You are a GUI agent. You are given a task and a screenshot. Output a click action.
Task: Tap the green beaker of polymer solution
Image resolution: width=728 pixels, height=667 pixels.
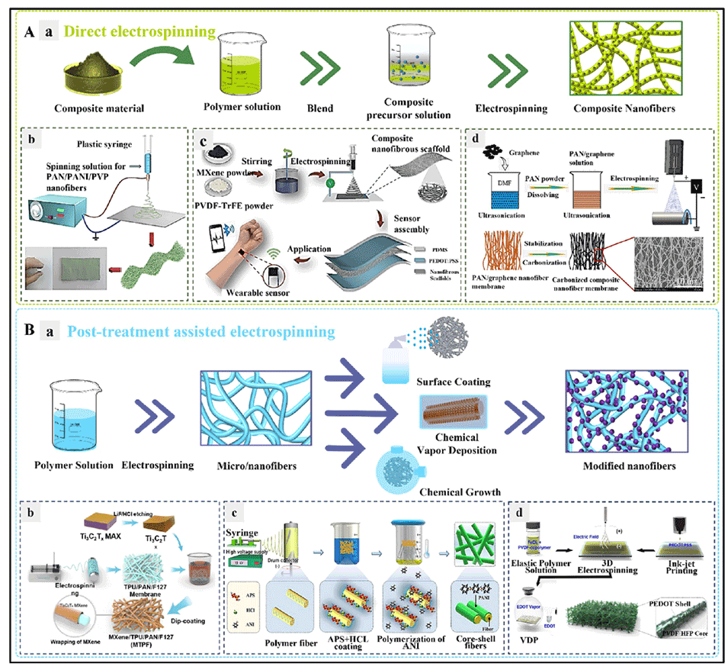tap(244, 67)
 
